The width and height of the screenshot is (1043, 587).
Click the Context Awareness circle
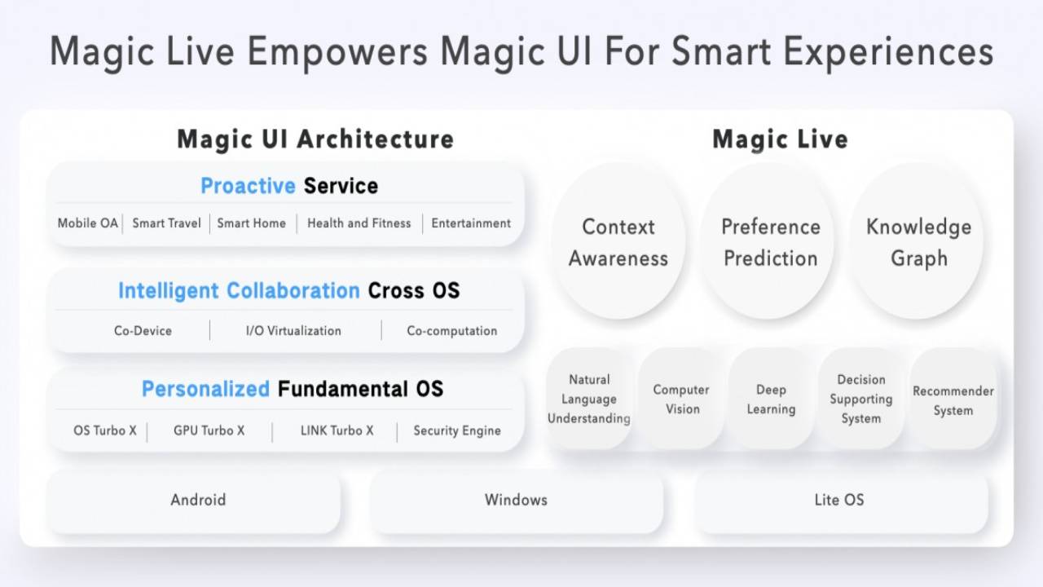[618, 242]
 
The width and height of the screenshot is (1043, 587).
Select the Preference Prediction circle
[770, 242]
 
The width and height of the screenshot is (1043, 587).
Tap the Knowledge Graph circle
[918, 242]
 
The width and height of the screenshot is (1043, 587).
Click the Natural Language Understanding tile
[589, 399]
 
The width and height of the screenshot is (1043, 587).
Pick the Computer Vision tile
[681, 399]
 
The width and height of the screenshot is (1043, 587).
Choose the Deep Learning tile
[771, 399]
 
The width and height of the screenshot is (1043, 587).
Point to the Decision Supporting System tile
[861, 399]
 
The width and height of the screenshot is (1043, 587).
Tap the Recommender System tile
[953, 399]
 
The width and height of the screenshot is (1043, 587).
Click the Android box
[197, 500]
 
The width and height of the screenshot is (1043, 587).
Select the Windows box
[516, 500]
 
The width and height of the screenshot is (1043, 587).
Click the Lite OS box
[839, 500]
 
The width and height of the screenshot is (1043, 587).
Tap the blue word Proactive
[248, 186]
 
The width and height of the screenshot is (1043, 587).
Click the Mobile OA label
[88, 223]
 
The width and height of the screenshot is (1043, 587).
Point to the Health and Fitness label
[359, 223]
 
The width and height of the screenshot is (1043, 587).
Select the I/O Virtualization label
[293, 331]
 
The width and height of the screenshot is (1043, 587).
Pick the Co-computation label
[451, 331]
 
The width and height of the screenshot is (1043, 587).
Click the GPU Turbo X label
[209, 430]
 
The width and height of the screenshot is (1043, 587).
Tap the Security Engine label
[456, 430]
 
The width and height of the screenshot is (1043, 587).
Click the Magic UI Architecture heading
[315, 139]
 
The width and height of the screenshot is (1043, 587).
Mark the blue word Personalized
[205, 389]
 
